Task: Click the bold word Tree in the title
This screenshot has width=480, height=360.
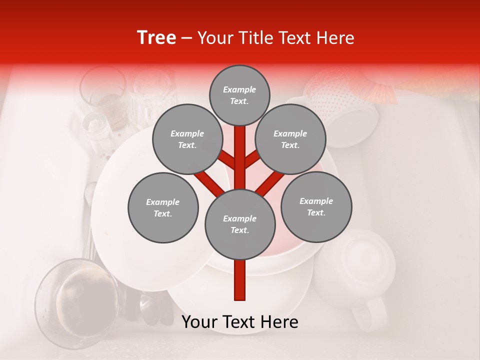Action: click(x=156, y=38)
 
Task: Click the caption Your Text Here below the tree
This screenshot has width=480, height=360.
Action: click(x=239, y=322)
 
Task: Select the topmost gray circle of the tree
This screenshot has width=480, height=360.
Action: click(x=239, y=95)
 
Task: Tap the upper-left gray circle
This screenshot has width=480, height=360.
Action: click(x=187, y=139)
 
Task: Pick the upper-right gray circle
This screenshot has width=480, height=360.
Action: click(x=290, y=139)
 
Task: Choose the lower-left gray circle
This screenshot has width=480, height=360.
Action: click(x=163, y=207)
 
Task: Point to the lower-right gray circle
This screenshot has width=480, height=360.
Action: click(x=316, y=206)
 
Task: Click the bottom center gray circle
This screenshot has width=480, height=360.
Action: click(x=240, y=224)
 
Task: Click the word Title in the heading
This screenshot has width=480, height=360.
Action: click(x=256, y=38)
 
